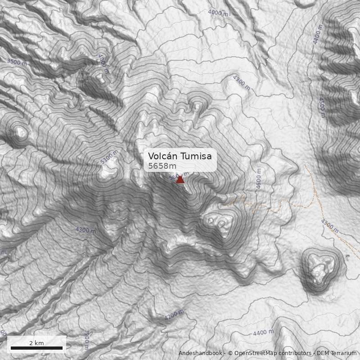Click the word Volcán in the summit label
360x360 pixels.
tap(162, 156)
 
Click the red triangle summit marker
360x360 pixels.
tap(180, 180)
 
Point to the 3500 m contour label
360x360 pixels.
tap(17, 62)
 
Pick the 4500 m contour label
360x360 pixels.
tap(322, 107)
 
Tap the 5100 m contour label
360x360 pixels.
tap(109, 157)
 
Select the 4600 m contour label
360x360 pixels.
tap(259, 180)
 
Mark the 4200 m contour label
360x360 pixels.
tap(174, 315)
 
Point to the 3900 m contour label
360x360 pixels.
tap(87, 339)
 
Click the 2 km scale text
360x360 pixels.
tap(36, 343)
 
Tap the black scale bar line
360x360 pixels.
tap(36, 348)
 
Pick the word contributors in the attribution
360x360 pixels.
tap(294, 353)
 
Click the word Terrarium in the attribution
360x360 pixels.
tap(344, 353)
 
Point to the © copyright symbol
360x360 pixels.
tap(230, 353)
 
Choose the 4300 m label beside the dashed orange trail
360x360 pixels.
tap(329, 226)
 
